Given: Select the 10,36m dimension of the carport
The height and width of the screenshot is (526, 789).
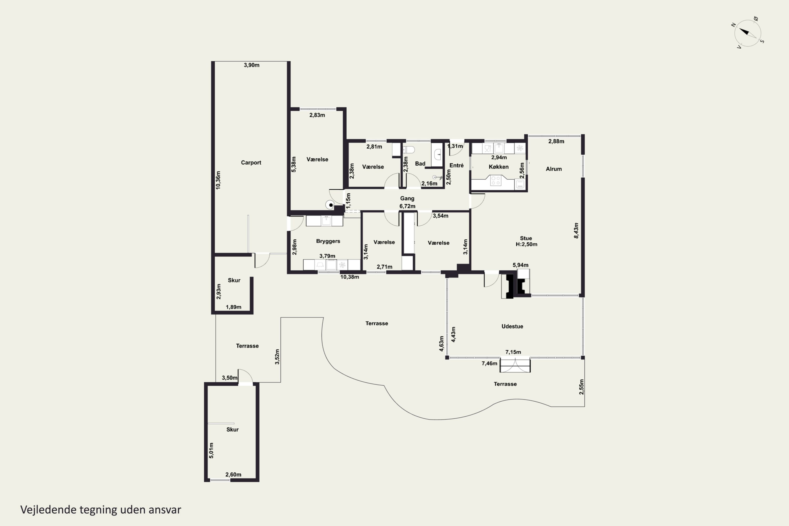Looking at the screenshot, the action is click(218, 180).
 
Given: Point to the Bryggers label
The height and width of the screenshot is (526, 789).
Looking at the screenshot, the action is click(328, 241).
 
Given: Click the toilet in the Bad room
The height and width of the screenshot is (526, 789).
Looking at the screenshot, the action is click(409, 149).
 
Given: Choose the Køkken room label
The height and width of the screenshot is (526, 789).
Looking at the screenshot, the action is click(498, 167).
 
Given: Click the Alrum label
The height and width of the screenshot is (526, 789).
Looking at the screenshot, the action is click(554, 169).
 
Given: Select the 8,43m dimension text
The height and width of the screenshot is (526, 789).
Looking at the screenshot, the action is click(576, 230).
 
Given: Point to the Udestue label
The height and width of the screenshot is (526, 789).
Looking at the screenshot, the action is click(512, 326).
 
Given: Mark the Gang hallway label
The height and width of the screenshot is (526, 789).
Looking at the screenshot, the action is click(407, 199).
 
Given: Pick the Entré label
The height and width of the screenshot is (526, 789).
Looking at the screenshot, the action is click(457, 165).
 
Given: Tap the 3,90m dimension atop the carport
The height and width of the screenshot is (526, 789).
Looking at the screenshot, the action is click(252, 65).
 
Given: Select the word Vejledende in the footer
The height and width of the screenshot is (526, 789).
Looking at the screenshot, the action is click(48, 510).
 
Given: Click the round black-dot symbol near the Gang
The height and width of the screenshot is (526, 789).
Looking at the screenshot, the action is click(330, 205).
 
